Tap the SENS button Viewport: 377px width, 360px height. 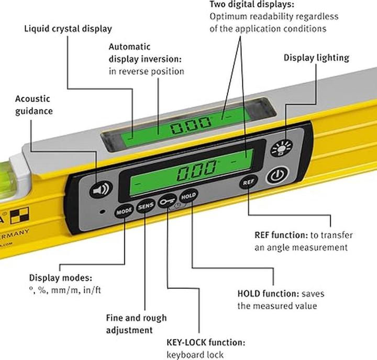[x=146, y=206]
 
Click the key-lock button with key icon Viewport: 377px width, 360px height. [x=168, y=201]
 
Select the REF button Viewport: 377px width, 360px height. [x=248, y=182]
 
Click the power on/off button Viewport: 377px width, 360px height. [x=278, y=175]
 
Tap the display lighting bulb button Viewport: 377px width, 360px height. [x=282, y=148]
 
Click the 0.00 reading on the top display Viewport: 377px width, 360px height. [x=191, y=125]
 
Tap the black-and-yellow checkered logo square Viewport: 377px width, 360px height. [x=19, y=216]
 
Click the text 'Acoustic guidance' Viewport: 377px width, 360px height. [x=34, y=105]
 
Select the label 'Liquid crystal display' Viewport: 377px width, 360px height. [x=68, y=29]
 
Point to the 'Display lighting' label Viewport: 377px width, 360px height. [x=316, y=58]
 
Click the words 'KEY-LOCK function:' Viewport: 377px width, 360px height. [x=206, y=342]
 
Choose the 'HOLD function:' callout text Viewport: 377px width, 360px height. [x=268, y=294]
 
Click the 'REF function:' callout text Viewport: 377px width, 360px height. [x=281, y=235]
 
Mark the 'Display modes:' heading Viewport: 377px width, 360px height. [x=61, y=278]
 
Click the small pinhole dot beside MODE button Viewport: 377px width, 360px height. [x=103, y=212]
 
